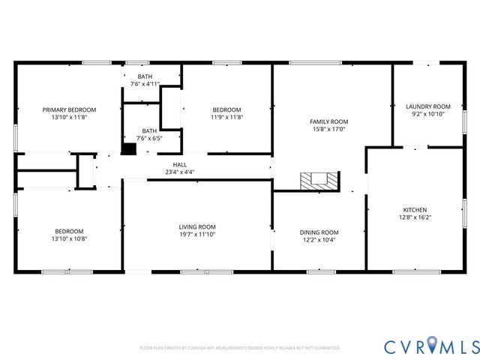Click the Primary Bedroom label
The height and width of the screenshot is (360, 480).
click(69, 109)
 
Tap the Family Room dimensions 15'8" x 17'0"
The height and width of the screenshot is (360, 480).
click(329, 129)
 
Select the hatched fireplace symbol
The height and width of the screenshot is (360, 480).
click(319, 181)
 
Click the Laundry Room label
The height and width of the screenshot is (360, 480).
click(427, 106)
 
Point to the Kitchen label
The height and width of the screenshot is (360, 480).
click(415, 209)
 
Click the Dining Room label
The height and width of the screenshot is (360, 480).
click(319, 232)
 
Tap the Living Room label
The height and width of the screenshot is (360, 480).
click(197, 226)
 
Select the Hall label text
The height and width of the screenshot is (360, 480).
click(180, 164)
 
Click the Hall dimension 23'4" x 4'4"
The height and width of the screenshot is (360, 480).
click(180, 172)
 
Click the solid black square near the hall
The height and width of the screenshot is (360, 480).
click(129, 148)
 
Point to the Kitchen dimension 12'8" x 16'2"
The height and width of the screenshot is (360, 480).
click(415, 217)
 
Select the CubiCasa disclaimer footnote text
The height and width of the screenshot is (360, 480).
click(239, 348)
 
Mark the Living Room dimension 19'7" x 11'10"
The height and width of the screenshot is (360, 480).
click(197, 235)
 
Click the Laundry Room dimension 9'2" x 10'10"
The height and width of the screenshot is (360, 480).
click(427, 115)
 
